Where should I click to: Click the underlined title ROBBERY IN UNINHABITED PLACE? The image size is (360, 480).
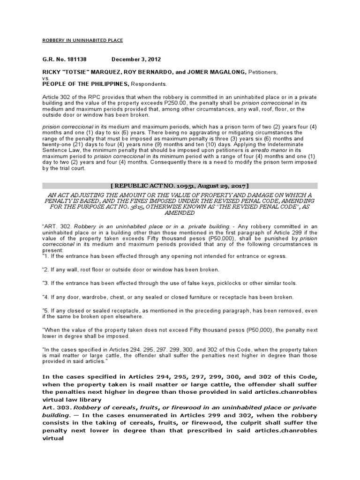(x=82, y=41)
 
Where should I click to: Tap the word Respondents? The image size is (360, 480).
(x=149, y=84)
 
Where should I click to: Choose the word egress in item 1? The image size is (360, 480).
(x=276, y=256)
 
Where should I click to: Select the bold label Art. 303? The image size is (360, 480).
(x=53, y=407)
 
